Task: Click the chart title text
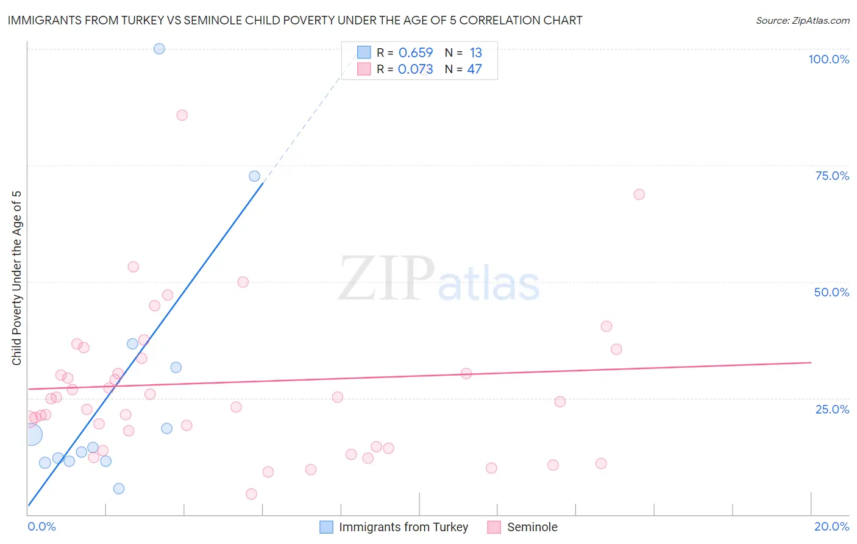[295, 20]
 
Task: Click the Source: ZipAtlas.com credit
[802, 20]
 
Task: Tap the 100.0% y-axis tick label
[828, 59]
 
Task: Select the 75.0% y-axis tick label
[832, 176]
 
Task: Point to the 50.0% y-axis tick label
[831, 292]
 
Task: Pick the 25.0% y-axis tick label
[832, 409]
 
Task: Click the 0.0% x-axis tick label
[41, 526]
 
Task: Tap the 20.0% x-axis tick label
[831, 526]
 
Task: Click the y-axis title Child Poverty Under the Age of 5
[16, 277]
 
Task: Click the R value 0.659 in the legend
[415, 53]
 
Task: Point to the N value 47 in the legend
[474, 70]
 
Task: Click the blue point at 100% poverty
[159, 49]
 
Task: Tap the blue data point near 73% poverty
[254, 176]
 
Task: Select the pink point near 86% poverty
[182, 115]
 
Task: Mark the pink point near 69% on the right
[639, 195]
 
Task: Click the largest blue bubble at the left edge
[30, 435]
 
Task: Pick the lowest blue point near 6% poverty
[119, 489]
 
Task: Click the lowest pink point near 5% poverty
[251, 494]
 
